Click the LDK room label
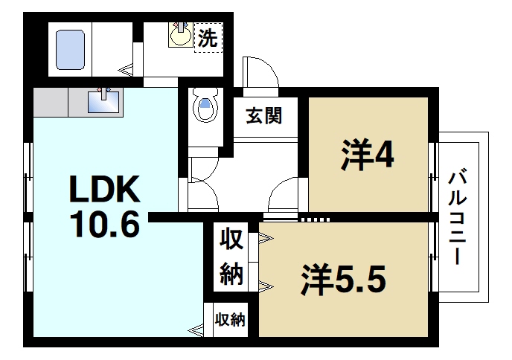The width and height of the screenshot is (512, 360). click(104, 191)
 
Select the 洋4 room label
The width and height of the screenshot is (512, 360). click(368, 155)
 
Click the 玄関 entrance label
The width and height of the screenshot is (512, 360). click(263, 117)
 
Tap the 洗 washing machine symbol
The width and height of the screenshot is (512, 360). click(208, 38)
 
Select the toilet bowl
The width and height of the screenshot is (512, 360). click(205, 107)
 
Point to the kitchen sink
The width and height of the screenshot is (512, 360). click(103, 100)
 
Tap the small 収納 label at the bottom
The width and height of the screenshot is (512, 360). click(231, 320)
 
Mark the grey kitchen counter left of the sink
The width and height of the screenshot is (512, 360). click(49, 101)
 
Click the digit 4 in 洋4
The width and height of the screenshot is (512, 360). click(385, 155)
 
